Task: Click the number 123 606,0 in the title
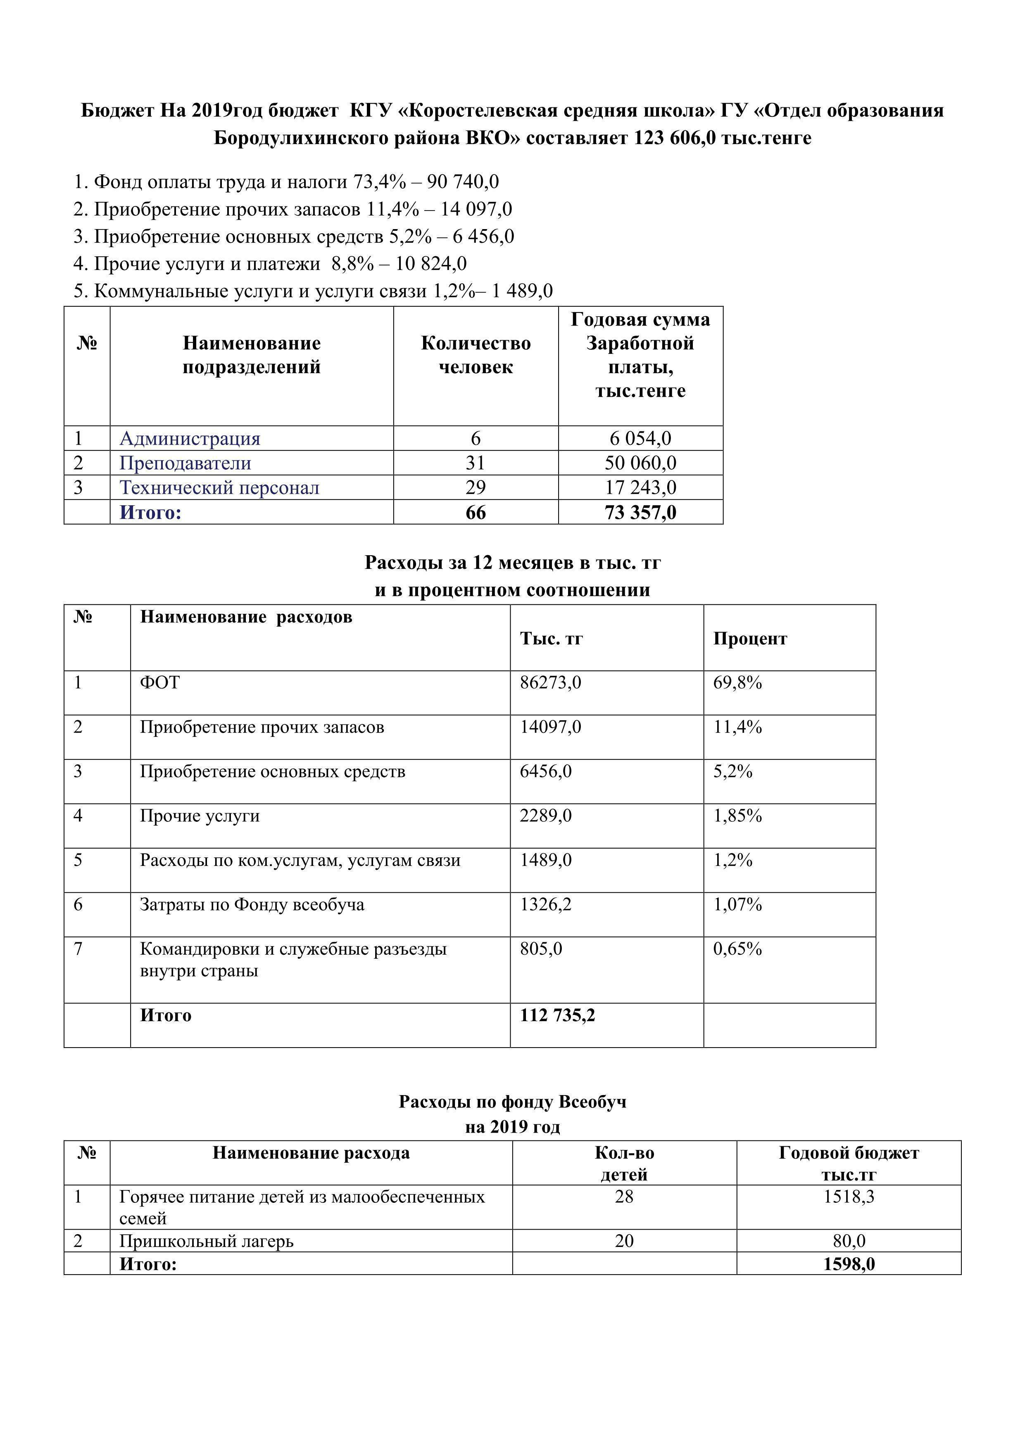tap(675, 137)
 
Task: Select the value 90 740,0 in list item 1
tap(463, 182)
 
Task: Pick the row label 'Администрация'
tap(190, 438)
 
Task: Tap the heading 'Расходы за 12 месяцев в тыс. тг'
tap(512, 563)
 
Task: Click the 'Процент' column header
tap(750, 639)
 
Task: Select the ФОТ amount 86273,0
tap(550, 682)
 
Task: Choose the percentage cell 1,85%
tap(737, 816)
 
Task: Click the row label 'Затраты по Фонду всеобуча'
tap(252, 905)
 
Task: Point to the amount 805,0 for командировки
tap(541, 949)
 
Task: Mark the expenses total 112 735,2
tap(557, 1015)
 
